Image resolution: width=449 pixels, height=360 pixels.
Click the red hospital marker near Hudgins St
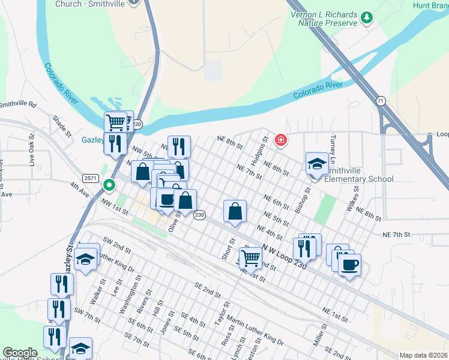280,140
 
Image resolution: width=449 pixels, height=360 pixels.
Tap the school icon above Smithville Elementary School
316,163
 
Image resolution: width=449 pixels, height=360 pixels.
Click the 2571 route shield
91,178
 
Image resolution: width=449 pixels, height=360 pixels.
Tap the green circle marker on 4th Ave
109,185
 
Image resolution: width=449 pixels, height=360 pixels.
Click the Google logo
20,353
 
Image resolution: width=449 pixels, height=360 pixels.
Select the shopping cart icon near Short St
251,257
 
